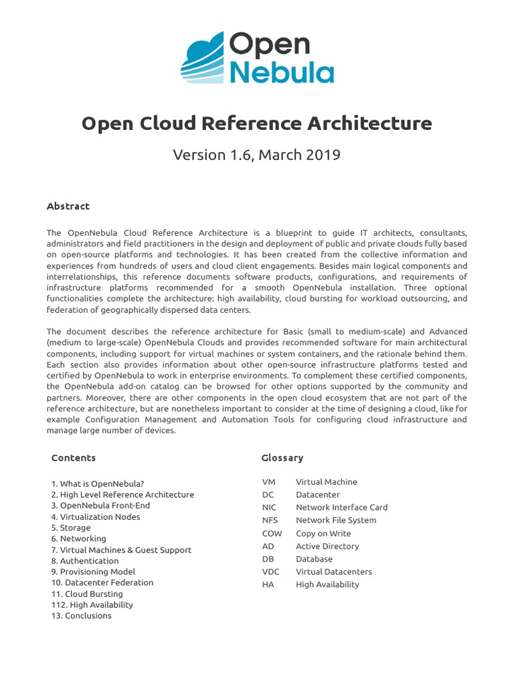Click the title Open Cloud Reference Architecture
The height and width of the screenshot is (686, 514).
pyautogui.click(x=257, y=124)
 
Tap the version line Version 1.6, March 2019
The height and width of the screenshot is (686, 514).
pyautogui.click(x=257, y=155)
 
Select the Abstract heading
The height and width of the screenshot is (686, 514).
pyautogui.click(x=68, y=206)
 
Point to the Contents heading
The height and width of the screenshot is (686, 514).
pyautogui.click(x=74, y=458)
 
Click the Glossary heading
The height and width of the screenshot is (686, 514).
pyautogui.click(x=282, y=458)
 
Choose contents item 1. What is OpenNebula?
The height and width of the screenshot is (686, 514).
pyautogui.click(x=98, y=484)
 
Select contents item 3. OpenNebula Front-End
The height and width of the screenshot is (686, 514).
pyautogui.click(x=100, y=506)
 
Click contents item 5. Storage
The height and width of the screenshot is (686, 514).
pyautogui.click(x=71, y=528)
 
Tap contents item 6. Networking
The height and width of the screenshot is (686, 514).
pyautogui.click(x=78, y=539)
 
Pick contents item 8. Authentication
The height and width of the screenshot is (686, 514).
pyautogui.click(x=85, y=561)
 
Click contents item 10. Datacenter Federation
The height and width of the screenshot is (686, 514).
pyautogui.click(x=102, y=583)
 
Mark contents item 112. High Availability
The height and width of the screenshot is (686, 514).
pyautogui.click(x=92, y=605)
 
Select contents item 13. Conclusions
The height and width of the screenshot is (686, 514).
pyautogui.click(x=82, y=616)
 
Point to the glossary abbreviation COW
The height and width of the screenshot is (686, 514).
pyautogui.click(x=272, y=533)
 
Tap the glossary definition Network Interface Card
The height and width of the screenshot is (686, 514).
pyautogui.click(x=341, y=508)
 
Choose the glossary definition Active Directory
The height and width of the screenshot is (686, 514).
pyautogui.click(x=327, y=546)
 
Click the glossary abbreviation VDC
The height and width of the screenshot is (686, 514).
pyautogui.click(x=271, y=571)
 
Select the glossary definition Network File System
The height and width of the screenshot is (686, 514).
pyautogui.click(x=336, y=521)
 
